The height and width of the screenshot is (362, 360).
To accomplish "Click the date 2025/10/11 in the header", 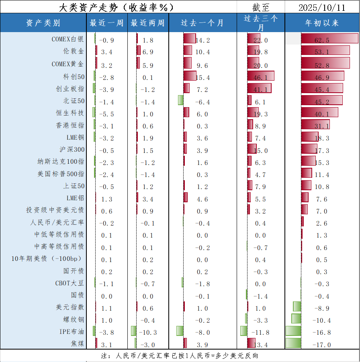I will (x=322, y=7).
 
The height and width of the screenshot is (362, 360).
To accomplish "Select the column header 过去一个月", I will (x=202, y=23).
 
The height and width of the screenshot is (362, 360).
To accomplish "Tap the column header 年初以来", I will (x=322, y=23).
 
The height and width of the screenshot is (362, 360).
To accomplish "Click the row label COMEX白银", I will (x=68, y=39).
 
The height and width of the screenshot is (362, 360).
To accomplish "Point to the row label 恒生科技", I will (x=70, y=113).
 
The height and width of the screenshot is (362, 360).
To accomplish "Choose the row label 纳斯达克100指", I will (x=61, y=162).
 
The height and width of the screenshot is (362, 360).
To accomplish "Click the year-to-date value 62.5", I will (x=322, y=40).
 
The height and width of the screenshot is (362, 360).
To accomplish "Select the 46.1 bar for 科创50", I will (x=261, y=76).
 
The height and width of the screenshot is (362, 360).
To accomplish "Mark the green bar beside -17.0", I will (x=293, y=344).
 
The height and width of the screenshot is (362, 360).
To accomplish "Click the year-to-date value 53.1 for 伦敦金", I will (x=322, y=52).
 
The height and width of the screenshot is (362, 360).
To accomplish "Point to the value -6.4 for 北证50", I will (x=202, y=102).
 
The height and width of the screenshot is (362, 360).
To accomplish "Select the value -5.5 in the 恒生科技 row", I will (x=106, y=114).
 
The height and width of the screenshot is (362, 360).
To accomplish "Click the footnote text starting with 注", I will (x=179, y=356).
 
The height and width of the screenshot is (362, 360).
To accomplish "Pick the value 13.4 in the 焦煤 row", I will (x=261, y=344).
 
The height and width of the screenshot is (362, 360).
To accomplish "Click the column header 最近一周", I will (x=106, y=23).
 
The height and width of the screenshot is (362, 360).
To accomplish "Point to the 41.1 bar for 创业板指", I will (x=260, y=88).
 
